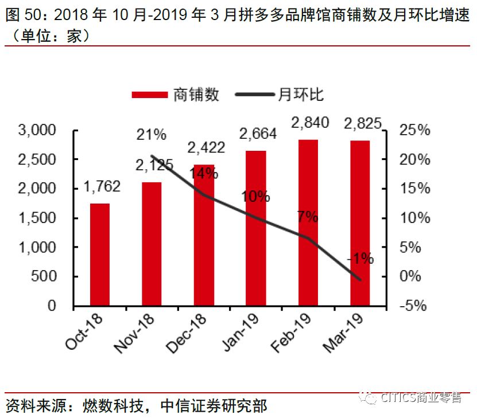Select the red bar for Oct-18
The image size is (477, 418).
[x=100, y=255]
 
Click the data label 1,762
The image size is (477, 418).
[x=102, y=186]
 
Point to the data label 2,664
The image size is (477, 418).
[x=258, y=134]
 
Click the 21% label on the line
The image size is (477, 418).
[x=151, y=135]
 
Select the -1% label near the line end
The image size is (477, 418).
[x=360, y=259]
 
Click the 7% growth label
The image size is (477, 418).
[x=308, y=217]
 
